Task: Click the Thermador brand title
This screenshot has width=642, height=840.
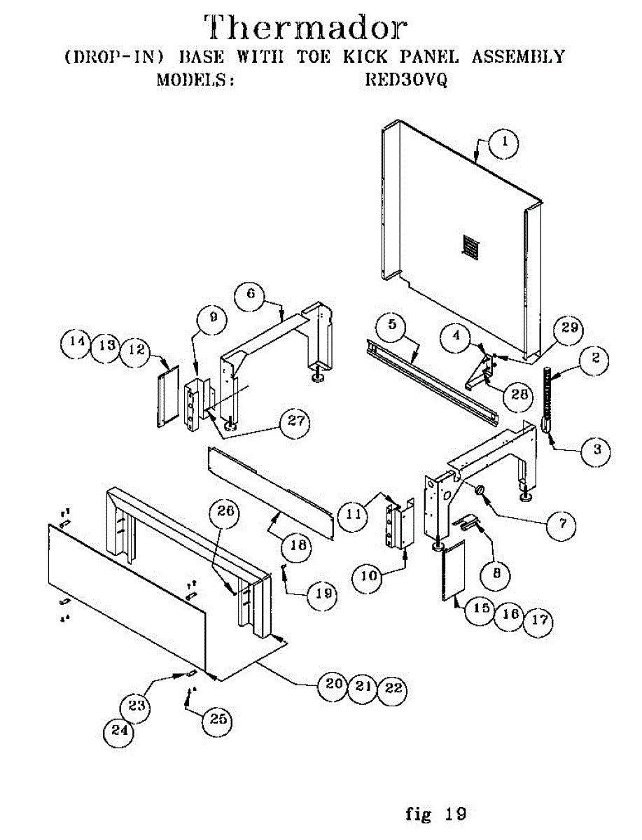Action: point(306,27)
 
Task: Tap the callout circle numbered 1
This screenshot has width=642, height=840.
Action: point(504,145)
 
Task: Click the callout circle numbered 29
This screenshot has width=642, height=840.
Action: point(568,328)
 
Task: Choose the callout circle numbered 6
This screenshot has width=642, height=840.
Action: point(251,295)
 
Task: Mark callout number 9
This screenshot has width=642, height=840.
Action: point(213,317)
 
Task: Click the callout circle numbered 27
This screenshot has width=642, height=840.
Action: point(294,421)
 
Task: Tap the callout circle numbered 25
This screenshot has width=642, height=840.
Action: point(219,719)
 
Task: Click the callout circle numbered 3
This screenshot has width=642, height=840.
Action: point(596,450)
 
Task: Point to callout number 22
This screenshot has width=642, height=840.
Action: point(393,688)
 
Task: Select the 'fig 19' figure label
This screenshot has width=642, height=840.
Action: point(436,814)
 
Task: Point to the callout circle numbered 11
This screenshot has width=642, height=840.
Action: point(350,515)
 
